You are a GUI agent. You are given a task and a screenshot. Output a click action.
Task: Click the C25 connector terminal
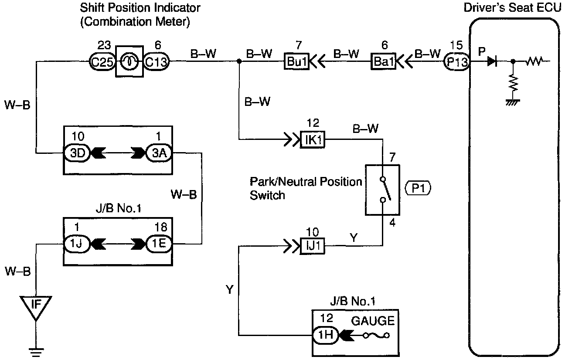click(102, 61)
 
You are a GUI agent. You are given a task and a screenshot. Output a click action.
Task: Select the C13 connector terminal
click(156, 61)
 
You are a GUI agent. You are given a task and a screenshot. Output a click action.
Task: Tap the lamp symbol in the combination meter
click(129, 61)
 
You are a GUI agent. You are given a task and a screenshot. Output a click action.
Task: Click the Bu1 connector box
click(296, 61)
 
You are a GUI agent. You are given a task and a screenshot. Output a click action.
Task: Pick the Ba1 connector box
click(383, 61)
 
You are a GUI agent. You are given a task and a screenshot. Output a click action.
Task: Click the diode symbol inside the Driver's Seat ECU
click(492, 61)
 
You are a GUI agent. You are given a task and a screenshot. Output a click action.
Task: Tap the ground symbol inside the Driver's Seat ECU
click(513, 102)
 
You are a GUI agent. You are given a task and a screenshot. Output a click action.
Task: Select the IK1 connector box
click(313, 139)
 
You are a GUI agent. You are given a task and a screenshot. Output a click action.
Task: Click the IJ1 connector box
click(313, 246)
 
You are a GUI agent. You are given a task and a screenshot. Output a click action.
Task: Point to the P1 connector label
click(418, 188)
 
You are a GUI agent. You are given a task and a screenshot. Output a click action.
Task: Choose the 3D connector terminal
click(77, 153)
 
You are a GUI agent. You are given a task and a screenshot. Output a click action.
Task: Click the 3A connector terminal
click(159, 153)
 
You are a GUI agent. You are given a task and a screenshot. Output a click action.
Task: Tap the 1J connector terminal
click(77, 244)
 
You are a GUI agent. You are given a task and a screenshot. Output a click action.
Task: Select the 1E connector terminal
click(159, 244)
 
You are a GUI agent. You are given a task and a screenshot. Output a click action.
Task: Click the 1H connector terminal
click(326, 335)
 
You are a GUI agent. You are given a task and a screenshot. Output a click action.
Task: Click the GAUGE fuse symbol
click(376, 335)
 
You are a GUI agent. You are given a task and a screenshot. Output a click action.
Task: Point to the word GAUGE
click(373, 321)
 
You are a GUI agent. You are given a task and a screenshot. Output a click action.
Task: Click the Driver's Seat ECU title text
click(512, 8)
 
